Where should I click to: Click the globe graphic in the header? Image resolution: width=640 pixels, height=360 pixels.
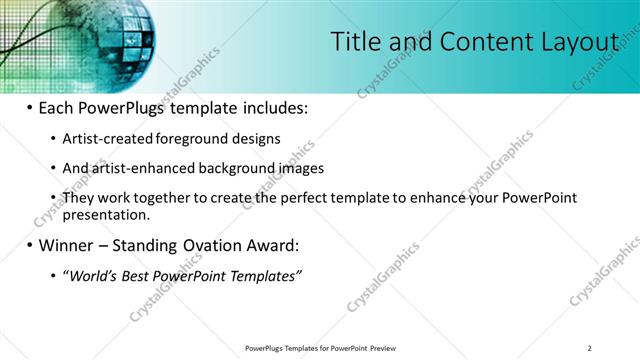click(114, 33)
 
